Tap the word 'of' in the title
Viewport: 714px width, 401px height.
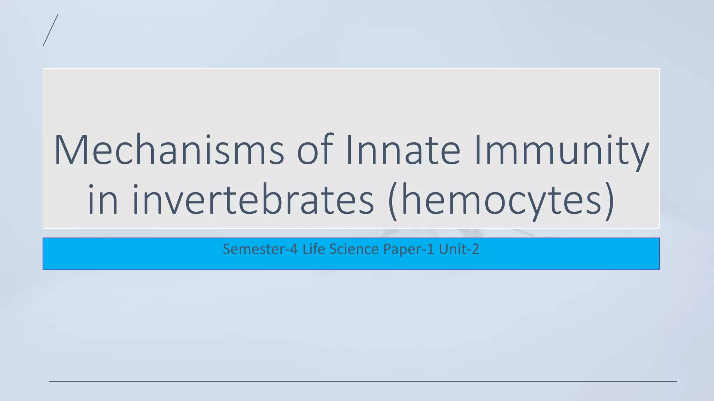[315, 150]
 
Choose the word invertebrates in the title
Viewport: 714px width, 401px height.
[253, 200]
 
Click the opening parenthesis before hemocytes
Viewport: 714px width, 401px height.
[393, 201]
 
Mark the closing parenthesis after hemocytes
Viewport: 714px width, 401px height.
[609, 201]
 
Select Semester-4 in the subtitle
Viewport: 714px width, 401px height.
[260, 249]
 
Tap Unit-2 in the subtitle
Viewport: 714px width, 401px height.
[459, 249]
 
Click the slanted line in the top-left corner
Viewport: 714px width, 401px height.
[50, 30]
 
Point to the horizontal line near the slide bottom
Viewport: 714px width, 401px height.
[363, 381]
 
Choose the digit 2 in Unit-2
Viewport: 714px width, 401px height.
[475, 249]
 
